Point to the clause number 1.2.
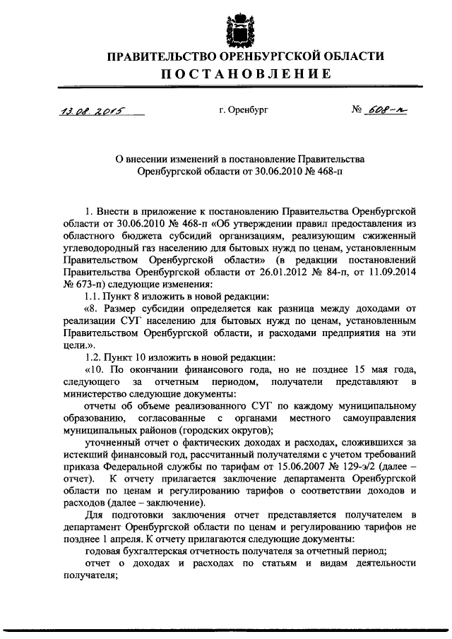[93, 357]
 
